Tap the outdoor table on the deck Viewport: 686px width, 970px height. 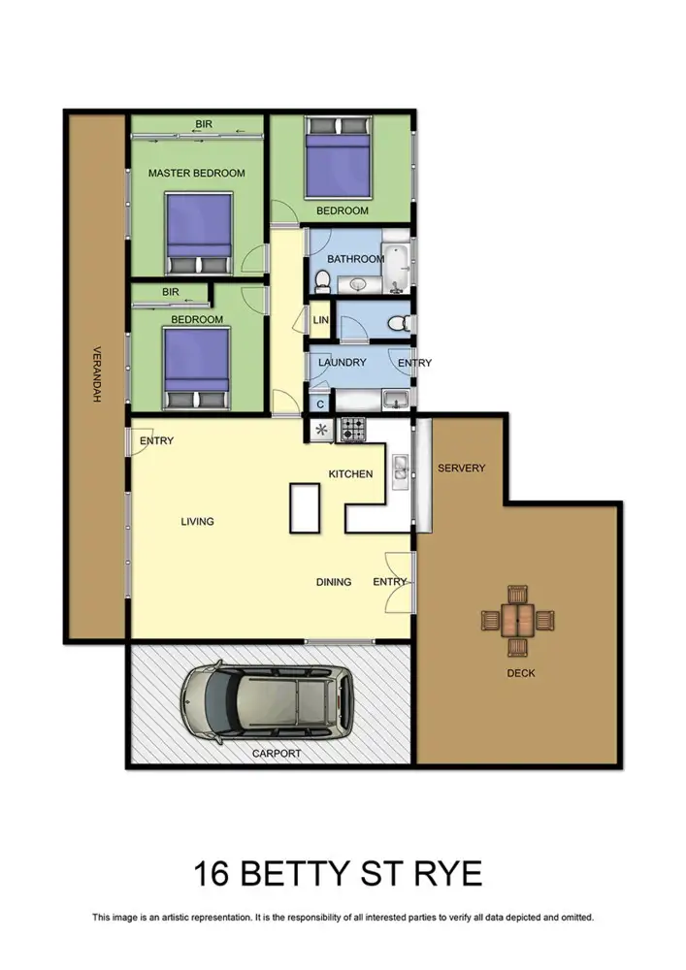point(518,618)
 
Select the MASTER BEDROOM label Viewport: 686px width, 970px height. point(196,174)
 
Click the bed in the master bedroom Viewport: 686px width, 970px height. point(198,234)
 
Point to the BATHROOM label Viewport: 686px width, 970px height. point(355,259)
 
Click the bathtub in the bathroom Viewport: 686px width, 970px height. point(397,269)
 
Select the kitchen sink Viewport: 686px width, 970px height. point(399,469)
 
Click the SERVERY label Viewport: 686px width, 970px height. point(461,469)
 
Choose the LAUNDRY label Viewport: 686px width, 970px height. point(343,363)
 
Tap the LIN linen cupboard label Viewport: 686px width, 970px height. point(320,320)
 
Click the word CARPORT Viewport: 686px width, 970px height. point(276,753)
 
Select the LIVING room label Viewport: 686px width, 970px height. point(197,522)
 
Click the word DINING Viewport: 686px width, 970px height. point(334,582)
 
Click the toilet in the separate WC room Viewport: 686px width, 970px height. point(399,323)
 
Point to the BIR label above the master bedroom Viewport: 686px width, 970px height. point(204,125)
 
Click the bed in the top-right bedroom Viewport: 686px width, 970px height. point(338,163)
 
